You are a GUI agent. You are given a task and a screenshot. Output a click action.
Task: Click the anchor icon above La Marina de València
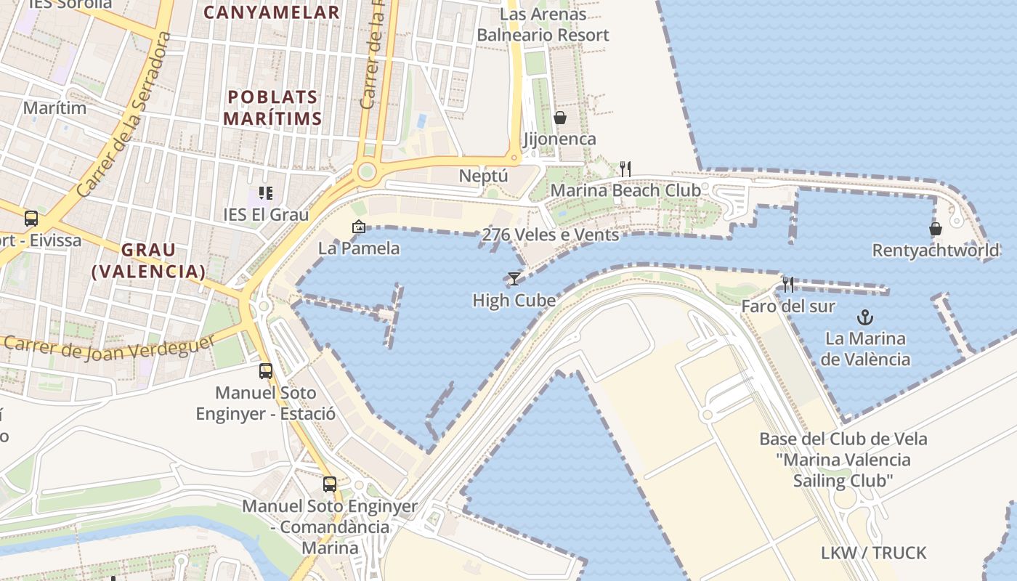[864, 317]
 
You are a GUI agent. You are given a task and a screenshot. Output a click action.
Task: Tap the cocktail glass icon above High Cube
[514, 278]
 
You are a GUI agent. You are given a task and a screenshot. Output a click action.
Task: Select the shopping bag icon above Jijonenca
[560, 117]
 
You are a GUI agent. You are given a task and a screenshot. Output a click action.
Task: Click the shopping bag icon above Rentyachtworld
[936, 229]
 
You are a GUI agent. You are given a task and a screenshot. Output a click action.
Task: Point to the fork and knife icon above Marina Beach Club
[625, 169]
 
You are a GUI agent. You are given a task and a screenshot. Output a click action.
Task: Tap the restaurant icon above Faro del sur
[788, 284]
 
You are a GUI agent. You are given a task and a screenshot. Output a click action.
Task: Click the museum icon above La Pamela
[358, 227]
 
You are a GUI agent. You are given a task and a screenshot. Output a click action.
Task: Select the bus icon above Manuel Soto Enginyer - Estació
[266, 371]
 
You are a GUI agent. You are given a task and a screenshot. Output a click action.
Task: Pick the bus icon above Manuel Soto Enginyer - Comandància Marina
[330, 484]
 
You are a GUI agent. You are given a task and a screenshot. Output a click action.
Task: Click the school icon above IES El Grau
[266, 193]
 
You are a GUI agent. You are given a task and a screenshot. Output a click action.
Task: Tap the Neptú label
[483, 176]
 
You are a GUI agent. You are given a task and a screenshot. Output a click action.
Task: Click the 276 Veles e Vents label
[551, 235]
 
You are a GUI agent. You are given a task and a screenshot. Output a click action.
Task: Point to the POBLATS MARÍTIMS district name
[272, 107]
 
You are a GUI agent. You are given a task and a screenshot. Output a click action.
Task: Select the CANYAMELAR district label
[272, 12]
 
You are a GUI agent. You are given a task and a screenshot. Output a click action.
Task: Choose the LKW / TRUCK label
[874, 553]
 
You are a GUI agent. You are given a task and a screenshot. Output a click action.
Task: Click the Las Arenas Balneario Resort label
[543, 25]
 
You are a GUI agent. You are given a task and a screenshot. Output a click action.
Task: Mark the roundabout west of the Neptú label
[367, 172]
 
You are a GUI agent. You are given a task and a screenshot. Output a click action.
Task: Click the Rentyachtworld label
[936, 251]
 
